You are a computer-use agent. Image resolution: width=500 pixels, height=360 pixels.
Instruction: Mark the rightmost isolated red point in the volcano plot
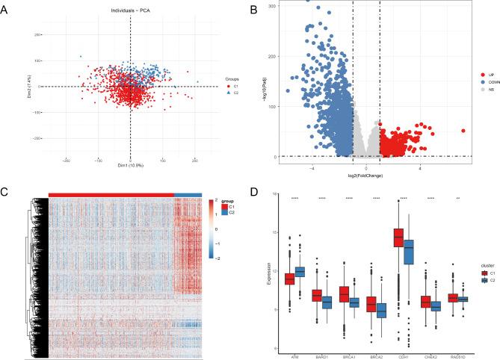pyautogui.click(x=463, y=131)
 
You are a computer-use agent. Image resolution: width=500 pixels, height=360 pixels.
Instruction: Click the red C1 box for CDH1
pyautogui.click(x=398, y=238)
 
